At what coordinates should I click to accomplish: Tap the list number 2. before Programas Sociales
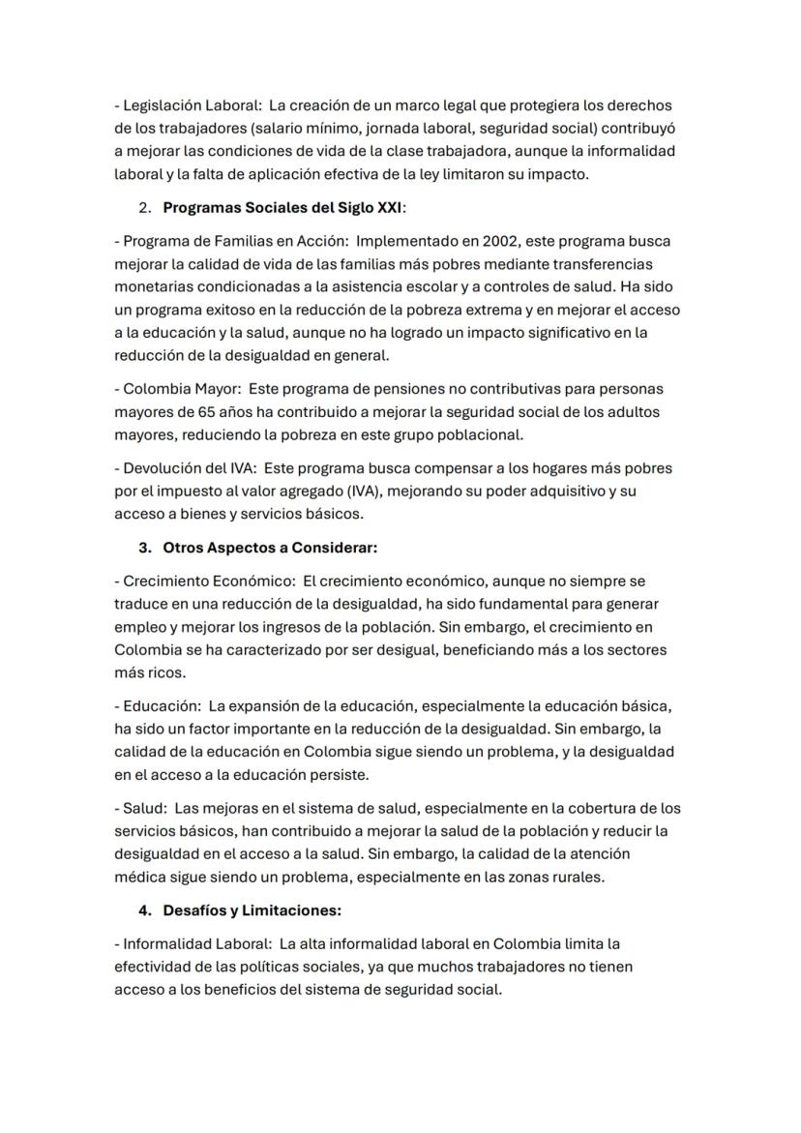click(145, 207)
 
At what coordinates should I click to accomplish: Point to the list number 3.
click(145, 548)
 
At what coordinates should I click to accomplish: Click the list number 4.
click(145, 910)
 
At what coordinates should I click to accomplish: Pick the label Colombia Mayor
click(181, 389)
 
